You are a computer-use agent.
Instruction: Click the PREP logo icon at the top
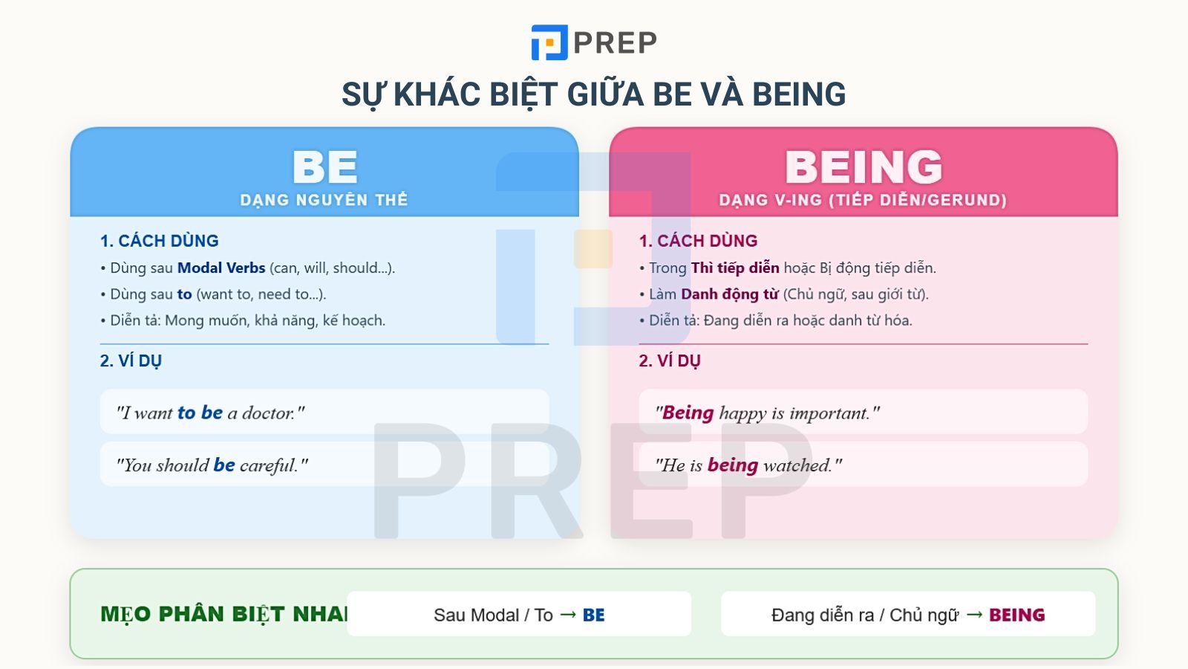point(549,42)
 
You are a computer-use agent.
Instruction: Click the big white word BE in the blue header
point(324,167)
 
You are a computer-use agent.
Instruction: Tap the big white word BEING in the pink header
point(863,167)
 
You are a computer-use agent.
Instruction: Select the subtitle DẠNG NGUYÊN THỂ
point(324,200)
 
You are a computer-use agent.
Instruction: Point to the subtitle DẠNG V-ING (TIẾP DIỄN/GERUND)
point(863,200)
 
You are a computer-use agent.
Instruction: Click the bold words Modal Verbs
point(221,268)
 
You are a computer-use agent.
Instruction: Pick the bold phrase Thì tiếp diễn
point(735,268)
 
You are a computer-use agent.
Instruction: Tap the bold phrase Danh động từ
point(729,294)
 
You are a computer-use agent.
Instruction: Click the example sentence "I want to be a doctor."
point(210,413)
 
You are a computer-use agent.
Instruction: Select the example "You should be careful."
point(212,465)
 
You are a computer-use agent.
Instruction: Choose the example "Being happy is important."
point(767,413)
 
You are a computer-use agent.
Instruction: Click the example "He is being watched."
point(748,465)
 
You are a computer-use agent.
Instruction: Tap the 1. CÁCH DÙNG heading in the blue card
point(160,241)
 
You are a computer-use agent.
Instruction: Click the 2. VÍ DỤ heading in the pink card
point(670,361)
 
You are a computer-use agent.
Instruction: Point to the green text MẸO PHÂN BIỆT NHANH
point(223,614)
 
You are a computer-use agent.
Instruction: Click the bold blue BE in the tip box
point(593,615)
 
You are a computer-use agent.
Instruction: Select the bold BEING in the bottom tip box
point(1016,615)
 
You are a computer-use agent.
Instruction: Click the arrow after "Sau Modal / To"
point(568,615)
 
